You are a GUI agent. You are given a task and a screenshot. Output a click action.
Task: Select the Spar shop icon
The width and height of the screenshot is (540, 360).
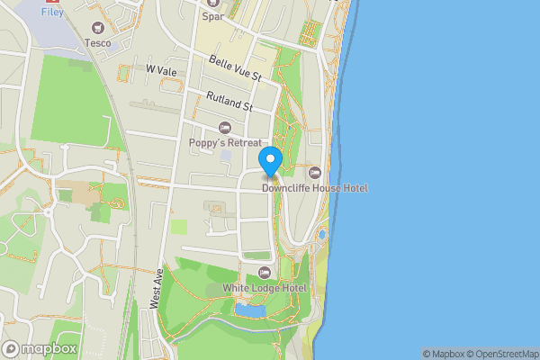[x=211, y=3]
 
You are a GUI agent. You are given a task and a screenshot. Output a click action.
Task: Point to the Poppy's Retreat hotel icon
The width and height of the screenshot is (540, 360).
[x=225, y=128]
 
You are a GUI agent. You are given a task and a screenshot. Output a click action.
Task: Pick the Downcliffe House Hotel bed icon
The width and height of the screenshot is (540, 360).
[x=314, y=172]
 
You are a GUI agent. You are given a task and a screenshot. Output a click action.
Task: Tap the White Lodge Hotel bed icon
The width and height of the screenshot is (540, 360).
[x=265, y=273]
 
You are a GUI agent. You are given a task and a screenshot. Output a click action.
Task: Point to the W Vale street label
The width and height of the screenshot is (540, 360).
[x=158, y=69]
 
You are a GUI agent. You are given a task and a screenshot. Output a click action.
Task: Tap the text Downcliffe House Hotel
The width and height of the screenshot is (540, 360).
[x=314, y=187]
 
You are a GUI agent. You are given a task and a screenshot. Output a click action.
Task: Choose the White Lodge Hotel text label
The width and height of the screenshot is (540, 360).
[x=265, y=288]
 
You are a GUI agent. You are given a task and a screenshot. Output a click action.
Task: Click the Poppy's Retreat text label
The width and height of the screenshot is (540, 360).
[x=225, y=142]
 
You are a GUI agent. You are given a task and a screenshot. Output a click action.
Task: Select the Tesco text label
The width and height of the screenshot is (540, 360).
[x=97, y=42]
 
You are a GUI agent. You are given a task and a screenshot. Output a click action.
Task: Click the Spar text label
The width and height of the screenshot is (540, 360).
[x=212, y=16]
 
